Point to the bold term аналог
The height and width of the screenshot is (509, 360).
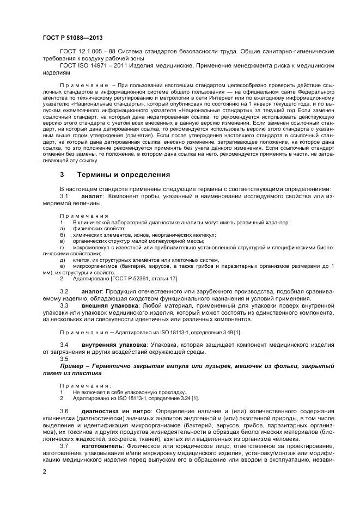point(91,292)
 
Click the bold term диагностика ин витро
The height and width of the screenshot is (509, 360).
point(116,410)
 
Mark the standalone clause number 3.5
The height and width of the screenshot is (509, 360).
point(64,358)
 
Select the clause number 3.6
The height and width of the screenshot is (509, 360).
point(64,410)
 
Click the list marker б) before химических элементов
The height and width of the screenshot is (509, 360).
point(62,235)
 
